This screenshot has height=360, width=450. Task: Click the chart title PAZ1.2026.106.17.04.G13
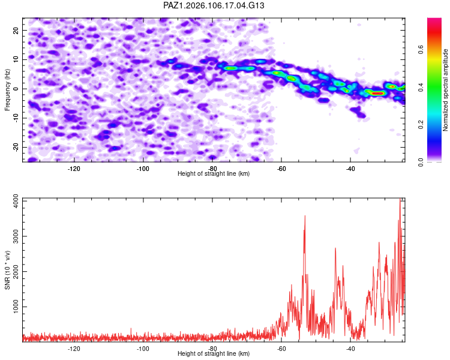pyautogui.click(x=214, y=5)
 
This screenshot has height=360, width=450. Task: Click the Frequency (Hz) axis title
pyautogui.click(x=7, y=90)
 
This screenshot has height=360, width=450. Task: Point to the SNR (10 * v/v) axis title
pyautogui.click(x=7, y=270)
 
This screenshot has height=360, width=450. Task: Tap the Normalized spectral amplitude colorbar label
pyautogui.click(x=445, y=90)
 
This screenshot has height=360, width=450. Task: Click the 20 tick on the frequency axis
pyautogui.click(x=16, y=30)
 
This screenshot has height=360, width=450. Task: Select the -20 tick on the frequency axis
pyautogui.click(x=16, y=147)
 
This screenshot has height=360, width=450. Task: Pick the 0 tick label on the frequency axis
pyautogui.click(x=16, y=89)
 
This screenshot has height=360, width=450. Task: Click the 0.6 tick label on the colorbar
pyautogui.click(x=421, y=49)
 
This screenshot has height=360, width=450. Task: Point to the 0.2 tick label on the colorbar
pyautogui.click(x=421, y=125)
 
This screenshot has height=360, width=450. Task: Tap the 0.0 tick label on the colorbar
pyautogui.click(x=421, y=162)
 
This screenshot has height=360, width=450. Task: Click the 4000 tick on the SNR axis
pyautogui.click(x=16, y=202)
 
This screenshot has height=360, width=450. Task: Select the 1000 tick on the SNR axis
pyautogui.click(x=16, y=307)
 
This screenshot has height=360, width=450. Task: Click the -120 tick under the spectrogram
pyautogui.click(x=74, y=169)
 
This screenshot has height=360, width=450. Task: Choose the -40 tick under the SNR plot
pyautogui.click(x=350, y=349)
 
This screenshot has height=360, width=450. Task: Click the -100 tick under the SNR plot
pyautogui.click(x=143, y=349)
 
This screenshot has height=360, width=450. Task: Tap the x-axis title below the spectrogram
pyautogui.click(x=214, y=173)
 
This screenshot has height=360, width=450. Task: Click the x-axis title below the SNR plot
pyautogui.click(x=214, y=353)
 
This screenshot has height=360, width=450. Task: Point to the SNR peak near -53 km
pyautogui.click(x=305, y=216)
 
